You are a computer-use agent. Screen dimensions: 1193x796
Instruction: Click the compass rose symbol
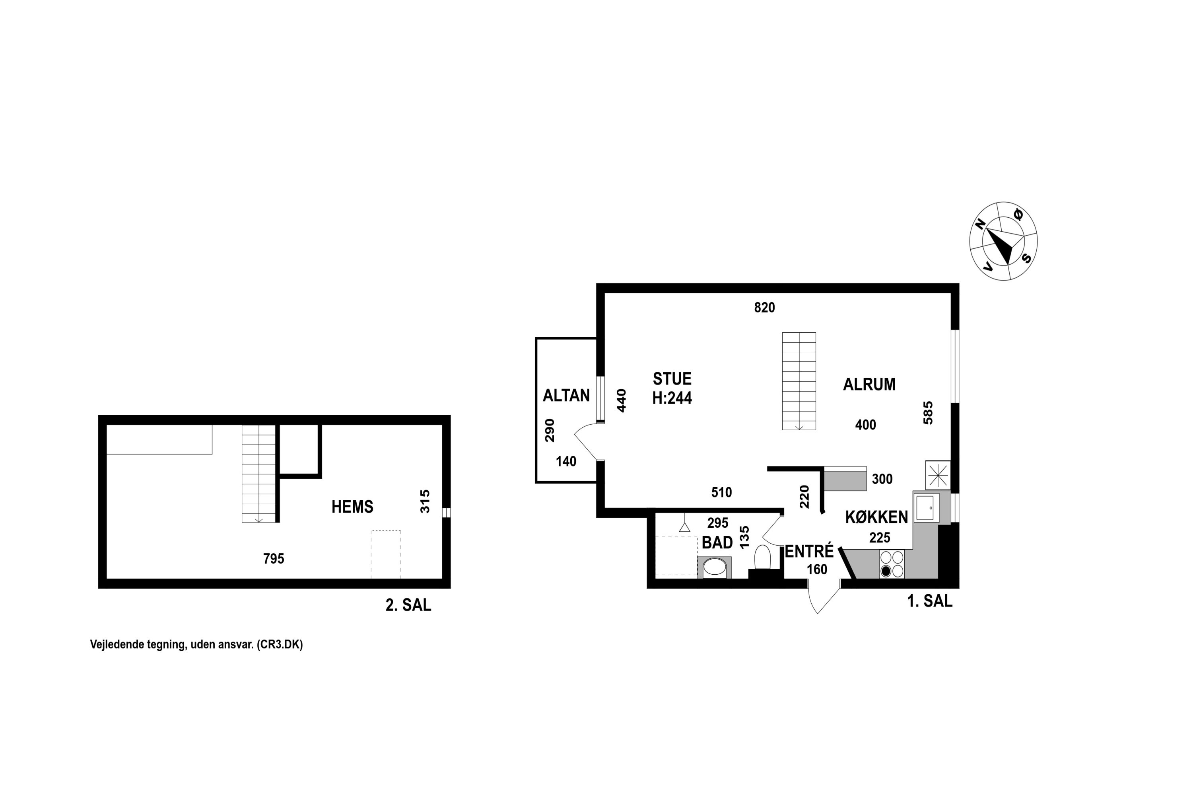tap(1003, 241)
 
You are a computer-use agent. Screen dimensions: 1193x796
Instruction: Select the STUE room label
tap(672, 379)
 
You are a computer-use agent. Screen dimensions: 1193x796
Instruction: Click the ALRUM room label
tap(869, 384)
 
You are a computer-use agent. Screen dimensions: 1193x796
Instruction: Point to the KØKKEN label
tap(876, 517)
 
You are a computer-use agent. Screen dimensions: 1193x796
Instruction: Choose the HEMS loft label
tap(352, 507)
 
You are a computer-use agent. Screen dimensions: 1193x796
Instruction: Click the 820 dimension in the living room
tap(764, 308)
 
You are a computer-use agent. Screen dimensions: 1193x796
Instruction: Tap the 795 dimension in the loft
tap(274, 559)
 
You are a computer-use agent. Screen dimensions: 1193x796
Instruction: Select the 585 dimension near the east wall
tap(928, 413)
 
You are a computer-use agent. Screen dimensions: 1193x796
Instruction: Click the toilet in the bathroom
tap(762, 558)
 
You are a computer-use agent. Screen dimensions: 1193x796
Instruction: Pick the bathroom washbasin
tap(715, 567)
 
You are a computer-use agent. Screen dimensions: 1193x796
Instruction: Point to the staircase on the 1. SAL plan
tap(799, 381)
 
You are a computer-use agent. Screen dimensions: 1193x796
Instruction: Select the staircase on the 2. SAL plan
tap(259, 474)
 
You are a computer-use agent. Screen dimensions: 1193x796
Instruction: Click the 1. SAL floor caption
tap(930, 601)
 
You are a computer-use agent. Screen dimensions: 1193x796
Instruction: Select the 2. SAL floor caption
tap(408, 605)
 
